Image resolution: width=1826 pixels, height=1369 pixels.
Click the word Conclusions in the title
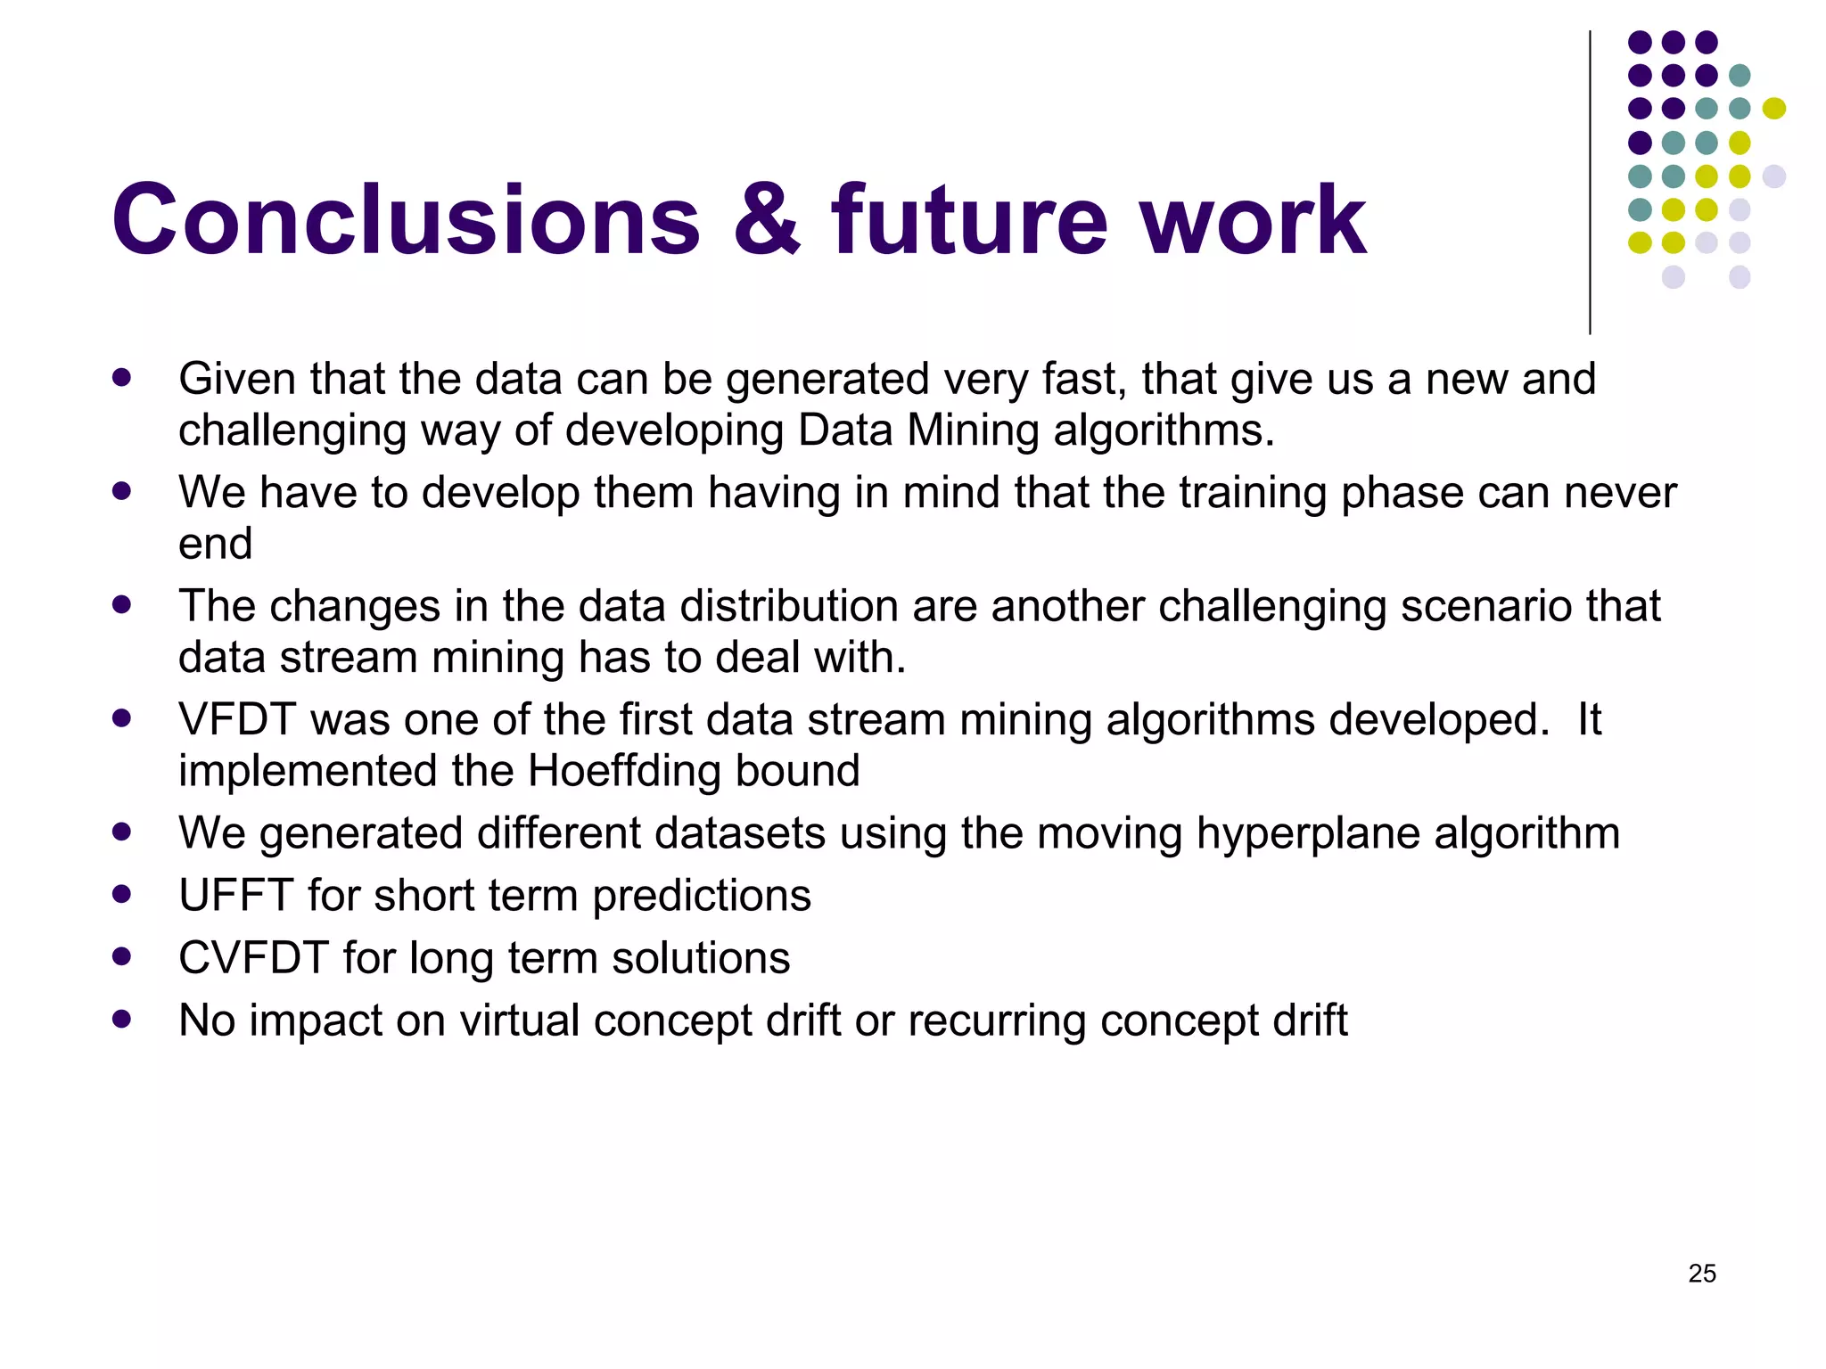406,220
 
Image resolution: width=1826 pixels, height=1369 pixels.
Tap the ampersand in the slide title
768,220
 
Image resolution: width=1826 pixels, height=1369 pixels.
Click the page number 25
1701,1274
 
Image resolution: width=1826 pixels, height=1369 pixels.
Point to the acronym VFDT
236,719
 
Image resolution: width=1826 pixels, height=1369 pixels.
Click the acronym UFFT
235,896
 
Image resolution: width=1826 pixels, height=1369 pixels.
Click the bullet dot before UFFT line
122,894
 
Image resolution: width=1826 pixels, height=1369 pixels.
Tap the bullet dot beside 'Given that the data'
122,377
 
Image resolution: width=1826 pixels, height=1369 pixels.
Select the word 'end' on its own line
215,544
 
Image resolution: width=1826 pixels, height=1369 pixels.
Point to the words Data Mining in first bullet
917,430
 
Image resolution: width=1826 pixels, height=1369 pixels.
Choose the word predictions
702,896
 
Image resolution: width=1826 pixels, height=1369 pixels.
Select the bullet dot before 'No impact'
122,1019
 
